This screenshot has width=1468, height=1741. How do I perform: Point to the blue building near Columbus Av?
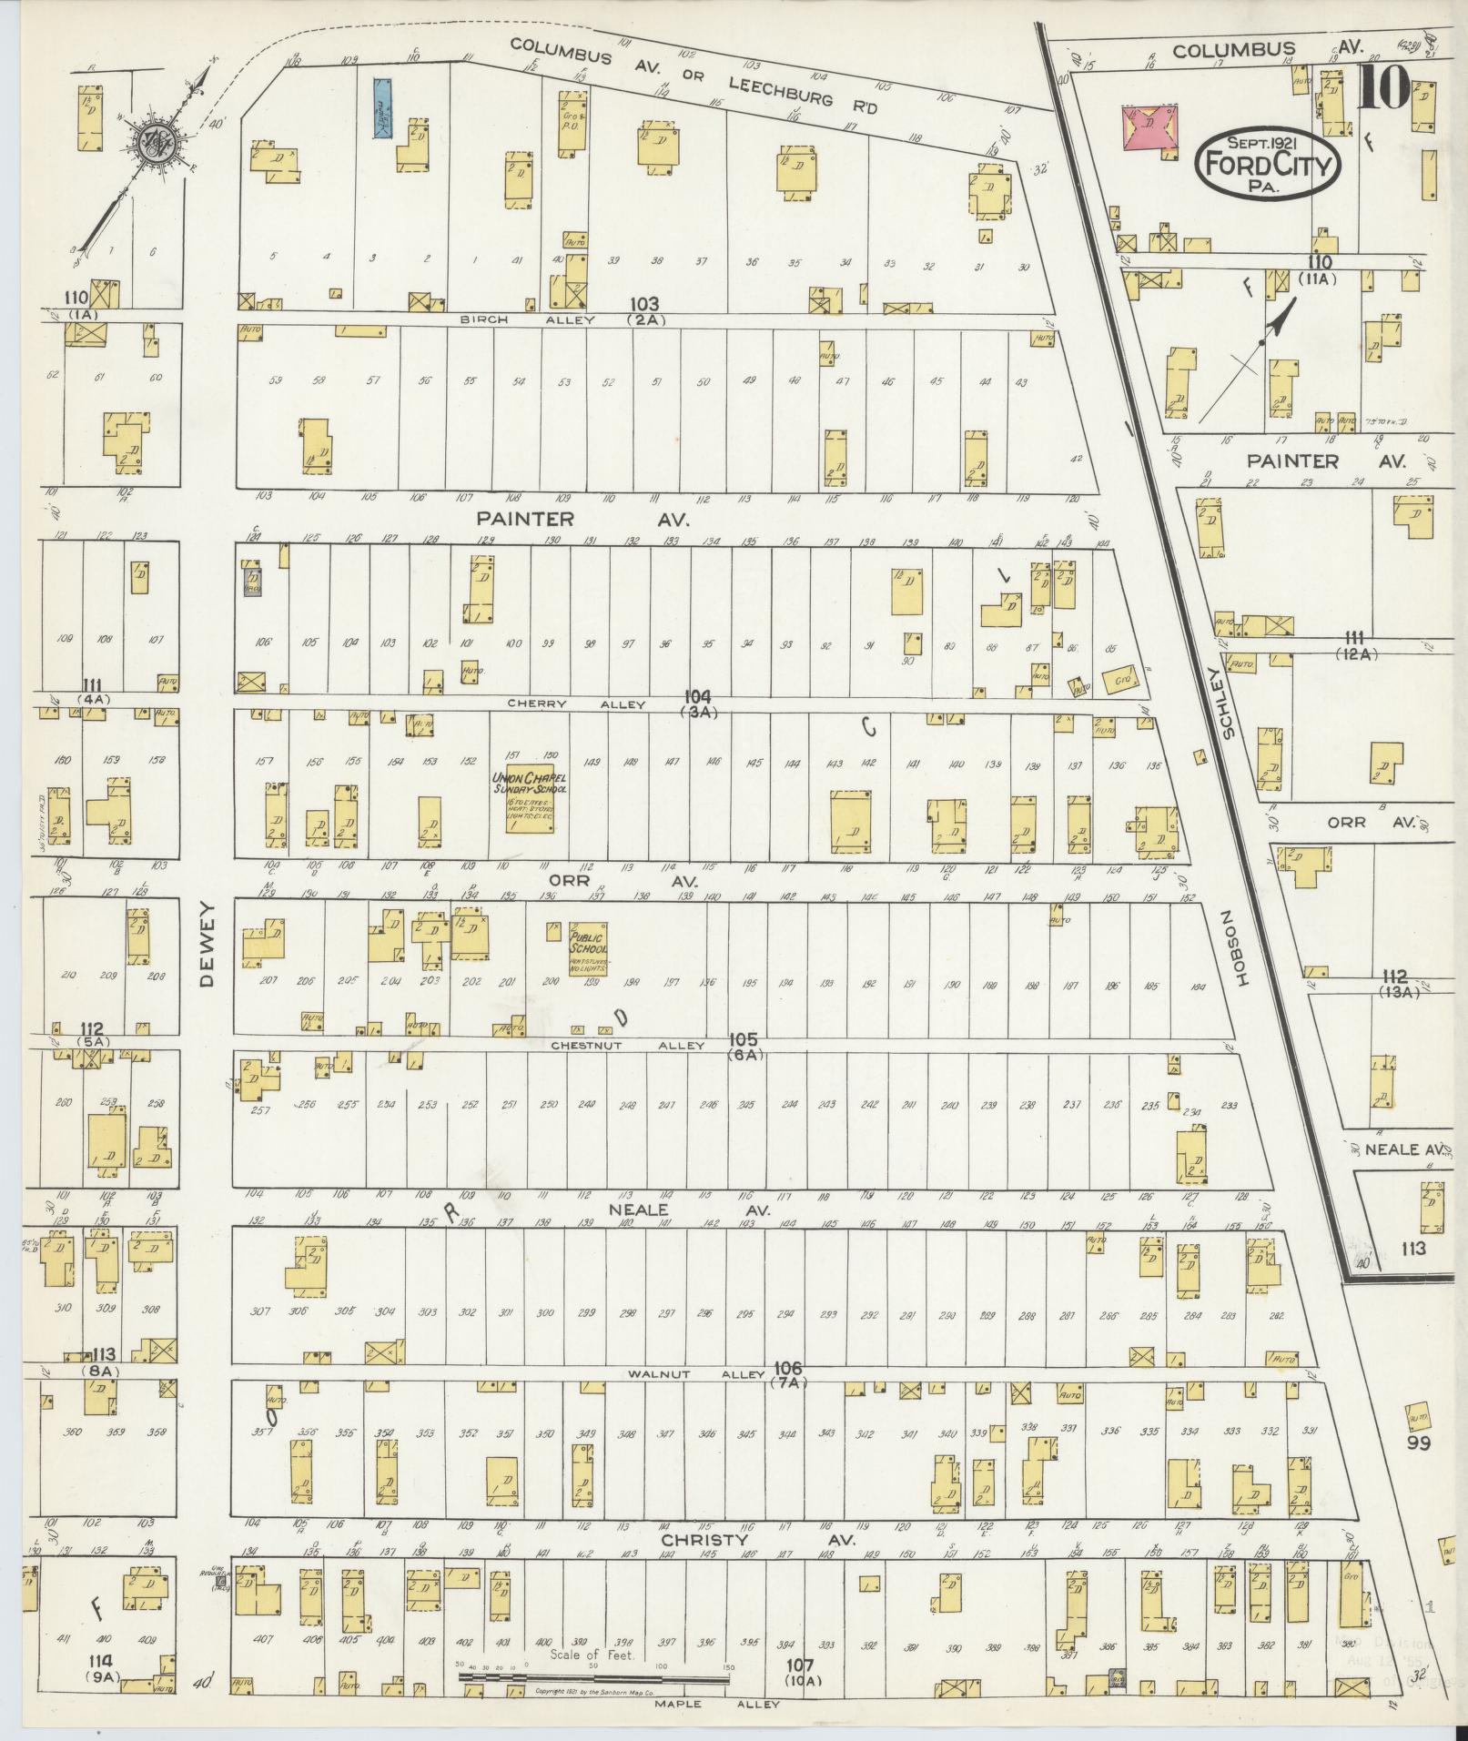coord(383,106)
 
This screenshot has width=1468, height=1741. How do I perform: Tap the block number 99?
coord(1418,1468)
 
